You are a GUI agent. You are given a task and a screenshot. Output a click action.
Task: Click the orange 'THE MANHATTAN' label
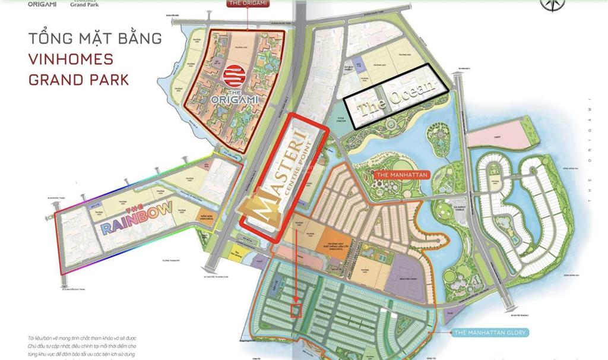pyautogui.click(x=399, y=175)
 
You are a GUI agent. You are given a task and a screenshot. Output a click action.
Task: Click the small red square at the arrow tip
pyautogui.click(x=295, y=310)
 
